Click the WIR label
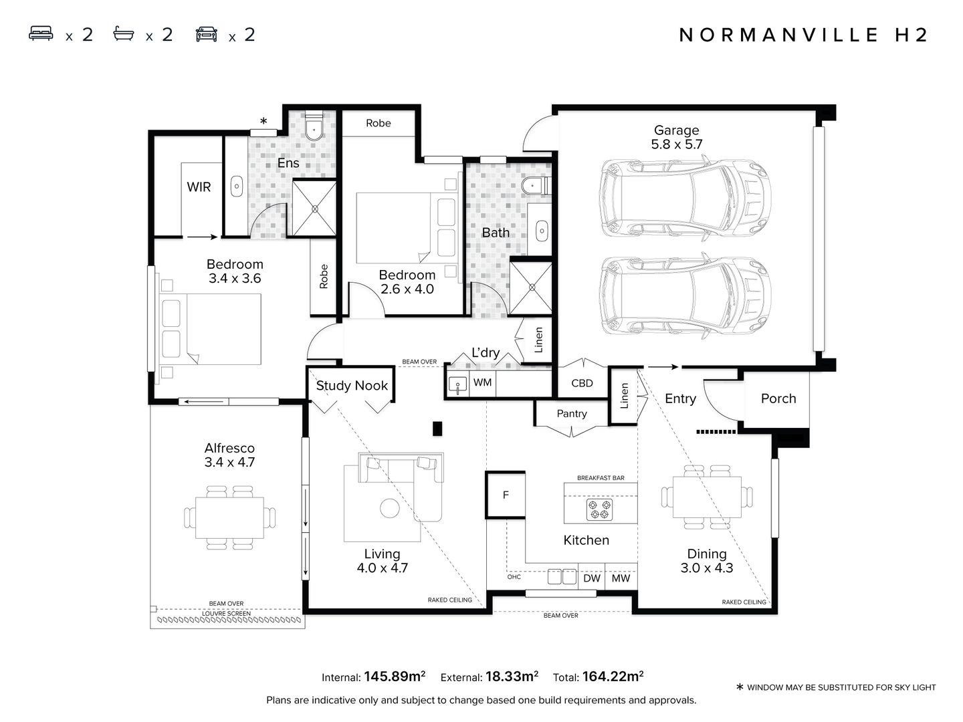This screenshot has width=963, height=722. tap(199, 187)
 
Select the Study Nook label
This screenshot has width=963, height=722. tap(352, 386)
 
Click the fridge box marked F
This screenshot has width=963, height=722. tap(506, 495)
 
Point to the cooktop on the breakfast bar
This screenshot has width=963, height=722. tap(599, 509)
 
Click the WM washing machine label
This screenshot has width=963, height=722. tap(482, 382)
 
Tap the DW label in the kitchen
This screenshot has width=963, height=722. tap(592, 578)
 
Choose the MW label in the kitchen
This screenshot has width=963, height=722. tap(621, 578)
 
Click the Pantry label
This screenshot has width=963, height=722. tap(572, 414)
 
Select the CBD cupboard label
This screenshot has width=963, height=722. tap(582, 383)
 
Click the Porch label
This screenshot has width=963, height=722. tap(778, 398)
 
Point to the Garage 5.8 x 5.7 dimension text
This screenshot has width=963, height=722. tap(677, 144)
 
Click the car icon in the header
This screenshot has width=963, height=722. tap(207, 35)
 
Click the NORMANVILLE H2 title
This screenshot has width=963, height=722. tap(804, 35)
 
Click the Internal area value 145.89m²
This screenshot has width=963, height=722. tap(395, 677)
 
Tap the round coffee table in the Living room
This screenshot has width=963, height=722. tap(390, 508)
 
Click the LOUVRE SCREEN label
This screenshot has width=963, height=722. tap(226, 613)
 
